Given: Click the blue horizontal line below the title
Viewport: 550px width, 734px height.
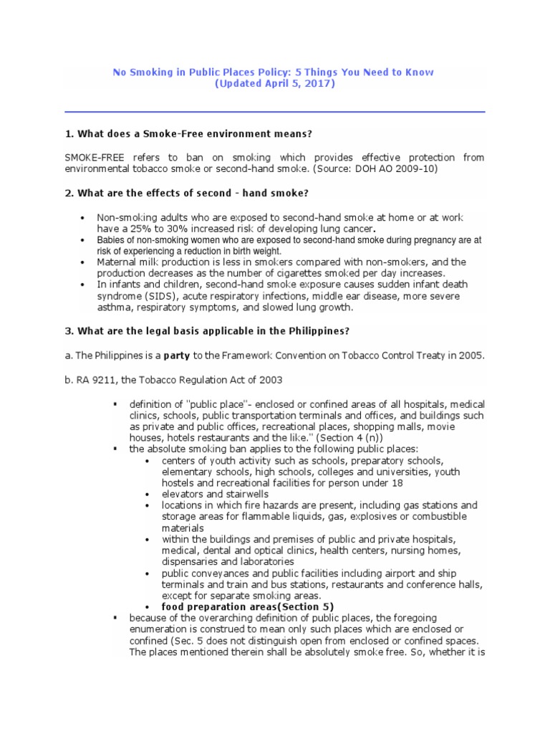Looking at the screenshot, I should click(x=275, y=112).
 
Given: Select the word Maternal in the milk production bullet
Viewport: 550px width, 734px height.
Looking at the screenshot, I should click(x=117, y=262).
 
